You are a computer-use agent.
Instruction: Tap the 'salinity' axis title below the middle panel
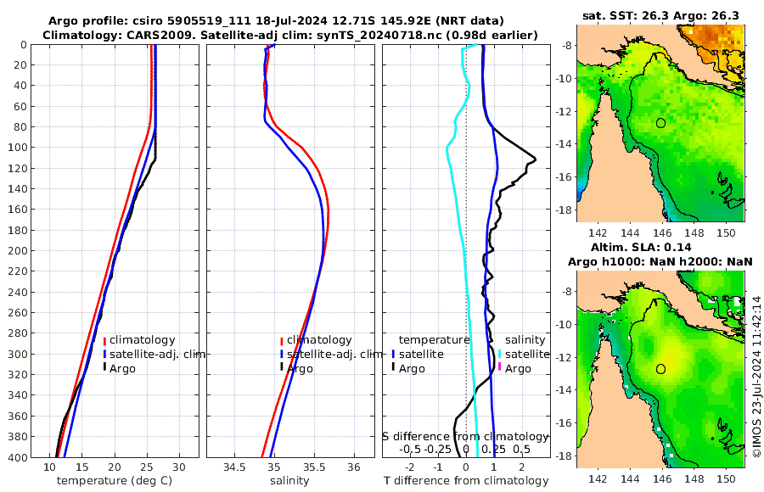pos(289,481)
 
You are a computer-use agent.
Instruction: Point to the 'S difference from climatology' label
pos(465,436)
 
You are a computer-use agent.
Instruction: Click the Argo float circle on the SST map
pos(661,123)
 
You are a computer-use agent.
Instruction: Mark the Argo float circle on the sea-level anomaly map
pos(661,369)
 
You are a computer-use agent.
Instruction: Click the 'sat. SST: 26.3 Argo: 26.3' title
pos(660,15)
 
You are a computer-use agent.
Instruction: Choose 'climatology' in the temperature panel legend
pos(142,340)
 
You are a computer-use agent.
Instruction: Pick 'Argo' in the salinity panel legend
pos(300,369)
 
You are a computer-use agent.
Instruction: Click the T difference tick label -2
pos(410,467)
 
